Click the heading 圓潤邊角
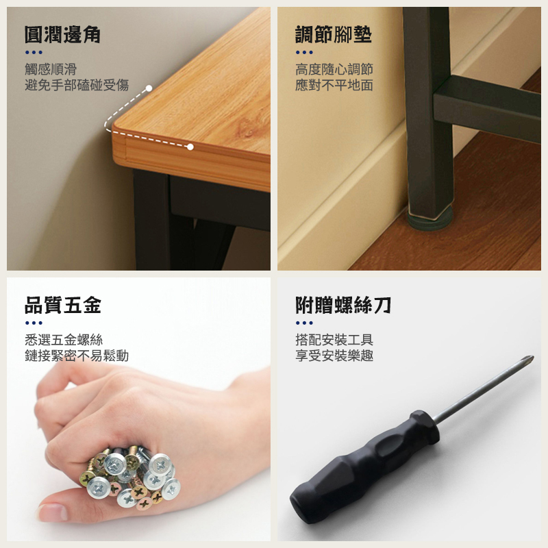coord(62,35)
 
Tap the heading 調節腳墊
coord(334,35)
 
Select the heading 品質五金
coord(63,305)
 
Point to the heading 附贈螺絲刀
coord(343,305)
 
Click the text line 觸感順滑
coord(51,69)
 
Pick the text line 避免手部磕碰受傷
coord(77,85)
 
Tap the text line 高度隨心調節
coord(334,69)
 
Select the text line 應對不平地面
coord(334,85)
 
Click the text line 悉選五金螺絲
coord(64,340)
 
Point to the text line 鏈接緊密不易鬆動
coord(77,356)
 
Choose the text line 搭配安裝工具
coord(334,340)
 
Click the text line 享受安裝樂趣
coord(334,356)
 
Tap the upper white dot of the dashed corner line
coord(149,88)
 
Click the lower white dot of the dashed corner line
coord(190,147)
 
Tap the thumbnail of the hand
coord(52,512)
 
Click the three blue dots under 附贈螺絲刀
coord(304,323)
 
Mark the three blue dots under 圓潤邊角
coord(34,53)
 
